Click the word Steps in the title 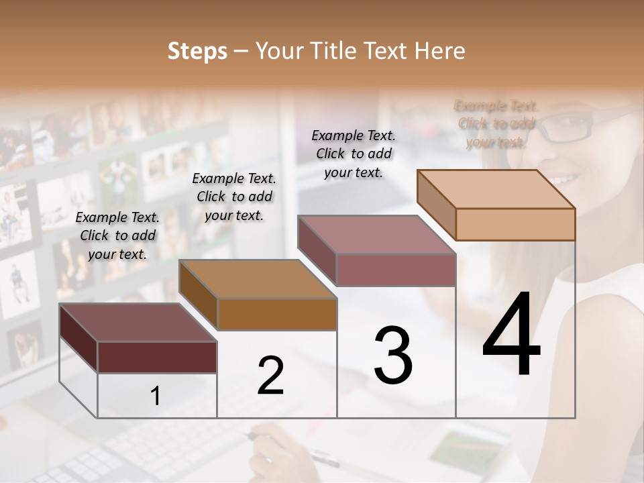coord(197,51)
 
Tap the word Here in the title coord(437,51)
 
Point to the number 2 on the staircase coord(270,375)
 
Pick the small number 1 coord(156,396)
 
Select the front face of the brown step coord(277,314)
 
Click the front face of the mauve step coord(396,270)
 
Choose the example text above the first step coord(117,236)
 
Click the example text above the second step coord(234,197)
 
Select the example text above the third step coord(354,154)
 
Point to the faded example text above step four coord(496,124)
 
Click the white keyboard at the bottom coord(148,456)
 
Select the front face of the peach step coord(515,224)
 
